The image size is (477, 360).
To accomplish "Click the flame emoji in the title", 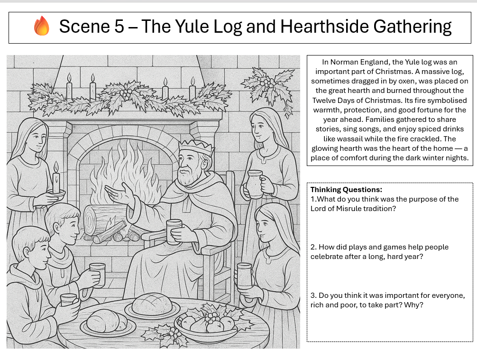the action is (x=42, y=26).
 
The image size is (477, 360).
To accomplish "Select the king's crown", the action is (x=196, y=148).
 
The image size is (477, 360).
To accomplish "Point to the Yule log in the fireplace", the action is (x=102, y=219).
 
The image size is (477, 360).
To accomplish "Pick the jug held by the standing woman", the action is (x=255, y=184).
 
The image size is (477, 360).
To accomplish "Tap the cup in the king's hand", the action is (x=174, y=231).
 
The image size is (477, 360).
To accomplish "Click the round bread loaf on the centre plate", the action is (x=152, y=304).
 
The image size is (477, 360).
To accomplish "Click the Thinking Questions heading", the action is (x=346, y=190).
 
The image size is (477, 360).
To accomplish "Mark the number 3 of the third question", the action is (x=313, y=295).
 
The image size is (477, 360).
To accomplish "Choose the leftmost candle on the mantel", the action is (x=69, y=86).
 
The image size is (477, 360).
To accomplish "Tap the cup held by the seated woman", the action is (x=244, y=276).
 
